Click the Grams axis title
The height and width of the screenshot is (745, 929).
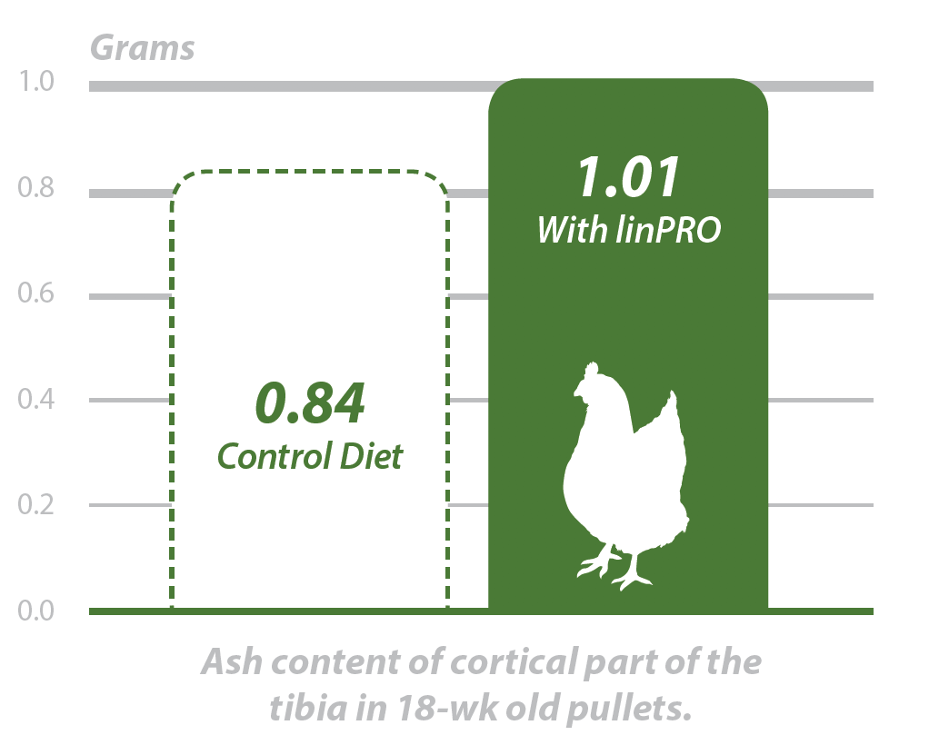142,49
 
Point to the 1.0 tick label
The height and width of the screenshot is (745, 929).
36,81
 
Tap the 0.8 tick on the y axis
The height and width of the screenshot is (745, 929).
36,188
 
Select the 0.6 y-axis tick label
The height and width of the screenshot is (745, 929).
36,293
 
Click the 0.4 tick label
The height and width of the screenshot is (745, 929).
36,399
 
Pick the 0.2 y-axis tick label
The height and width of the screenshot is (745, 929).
36,504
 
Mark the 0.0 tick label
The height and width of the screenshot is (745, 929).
36,611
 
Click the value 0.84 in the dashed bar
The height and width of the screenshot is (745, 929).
310,403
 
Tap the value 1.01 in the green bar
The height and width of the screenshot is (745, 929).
629,177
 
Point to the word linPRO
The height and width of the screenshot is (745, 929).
668,230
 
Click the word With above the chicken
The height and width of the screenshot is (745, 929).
573,230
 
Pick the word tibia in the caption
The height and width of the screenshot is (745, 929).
308,707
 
